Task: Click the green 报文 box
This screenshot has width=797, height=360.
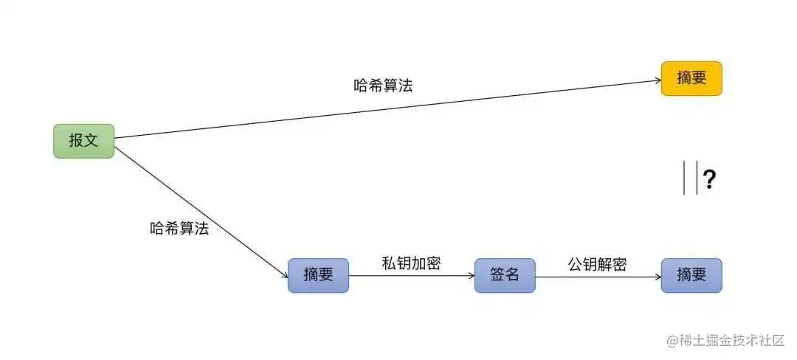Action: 83,141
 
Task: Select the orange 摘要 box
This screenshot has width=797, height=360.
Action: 691,79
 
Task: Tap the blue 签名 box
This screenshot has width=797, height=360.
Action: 505,276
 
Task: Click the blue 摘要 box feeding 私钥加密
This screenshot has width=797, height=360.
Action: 318,276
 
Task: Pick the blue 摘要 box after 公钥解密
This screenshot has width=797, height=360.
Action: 691,276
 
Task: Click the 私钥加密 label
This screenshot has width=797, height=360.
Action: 411,263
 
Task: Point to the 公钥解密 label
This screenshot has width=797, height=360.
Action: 597,263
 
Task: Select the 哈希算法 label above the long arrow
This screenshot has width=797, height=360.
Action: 383,86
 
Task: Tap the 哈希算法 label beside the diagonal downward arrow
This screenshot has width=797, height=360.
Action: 179,229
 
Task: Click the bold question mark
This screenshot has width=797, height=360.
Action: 710,179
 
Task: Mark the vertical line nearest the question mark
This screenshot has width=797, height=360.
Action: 697,179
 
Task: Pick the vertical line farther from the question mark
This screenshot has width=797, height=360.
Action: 684,179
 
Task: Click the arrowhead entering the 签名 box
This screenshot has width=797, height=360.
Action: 470,277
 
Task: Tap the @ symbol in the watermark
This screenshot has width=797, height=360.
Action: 672,341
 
